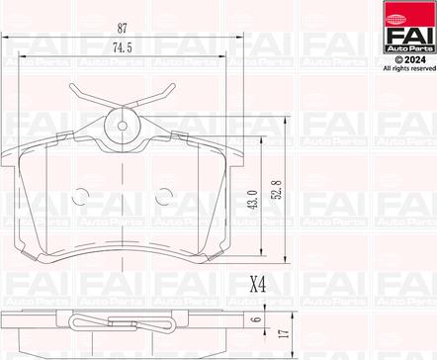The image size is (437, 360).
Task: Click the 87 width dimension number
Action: coord(123,29)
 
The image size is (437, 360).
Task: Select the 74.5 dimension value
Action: coord(123,48)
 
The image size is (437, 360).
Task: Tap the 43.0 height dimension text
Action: coord(253,200)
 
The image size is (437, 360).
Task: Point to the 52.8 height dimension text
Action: coord(277,189)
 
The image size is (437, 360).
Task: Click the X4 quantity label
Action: coord(258,284)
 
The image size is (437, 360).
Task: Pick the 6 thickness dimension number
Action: coord(258,318)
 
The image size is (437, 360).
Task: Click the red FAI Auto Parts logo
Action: coord(409,27)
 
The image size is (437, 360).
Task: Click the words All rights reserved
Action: coord(409,68)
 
